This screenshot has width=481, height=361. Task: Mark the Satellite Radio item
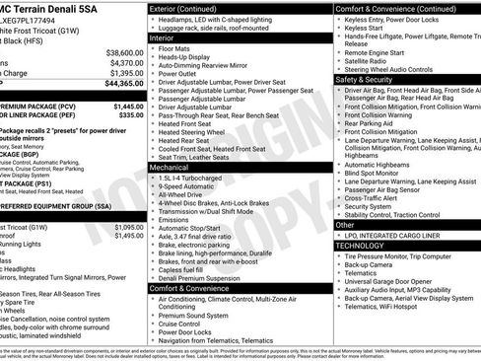(x=370, y=59)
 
